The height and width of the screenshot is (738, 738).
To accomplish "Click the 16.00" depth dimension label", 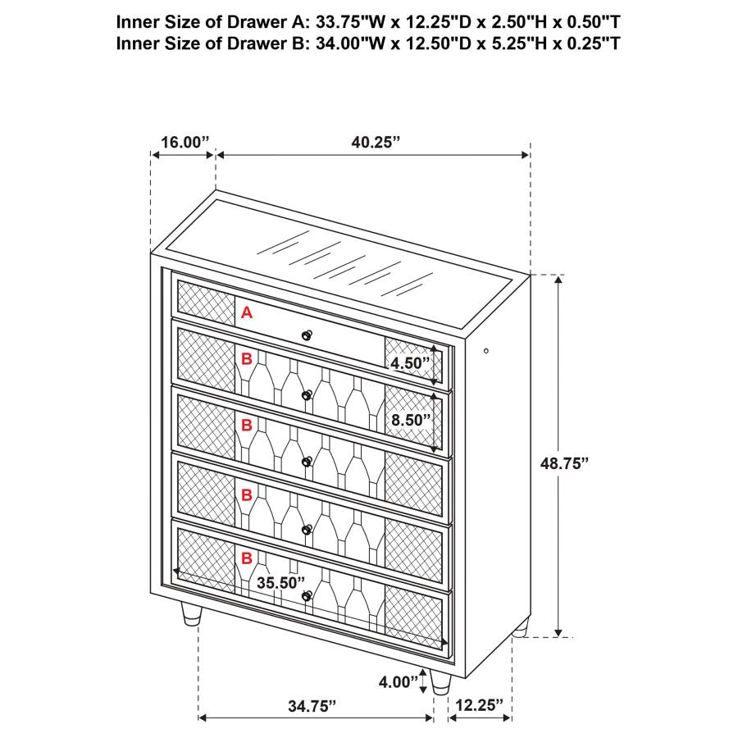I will [185, 141].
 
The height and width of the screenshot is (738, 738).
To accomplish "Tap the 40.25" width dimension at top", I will [399, 141].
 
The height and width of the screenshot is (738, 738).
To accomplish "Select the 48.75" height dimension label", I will [565, 462].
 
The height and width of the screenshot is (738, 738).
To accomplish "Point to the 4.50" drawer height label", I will [410, 362].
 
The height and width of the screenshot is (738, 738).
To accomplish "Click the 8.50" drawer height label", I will [410, 420].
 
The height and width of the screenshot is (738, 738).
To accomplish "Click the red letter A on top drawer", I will [247, 312].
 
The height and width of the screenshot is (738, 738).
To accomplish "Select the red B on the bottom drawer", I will [246, 558].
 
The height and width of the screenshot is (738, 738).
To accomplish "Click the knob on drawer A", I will [307, 334].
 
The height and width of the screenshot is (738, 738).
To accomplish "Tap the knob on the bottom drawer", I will [307, 595].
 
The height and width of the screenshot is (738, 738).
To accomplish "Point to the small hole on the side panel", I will [486, 351].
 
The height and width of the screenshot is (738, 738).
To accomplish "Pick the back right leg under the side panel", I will [520, 629].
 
